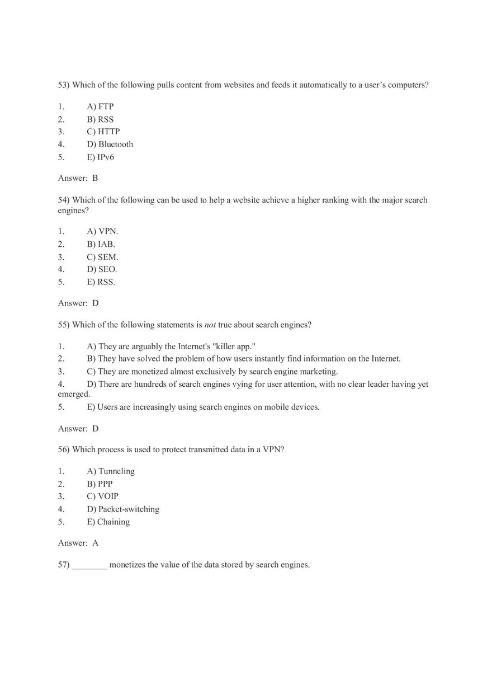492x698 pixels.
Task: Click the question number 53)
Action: click(x=64, y=85)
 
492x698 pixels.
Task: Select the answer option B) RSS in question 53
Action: click(x=100, y=119)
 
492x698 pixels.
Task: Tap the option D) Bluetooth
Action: click(x=110, y=144)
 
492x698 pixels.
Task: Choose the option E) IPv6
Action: click(x=101, y=157)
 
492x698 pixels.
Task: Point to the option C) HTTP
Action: click(x=103, y=132)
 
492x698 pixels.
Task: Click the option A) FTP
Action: click(x=100, y=106)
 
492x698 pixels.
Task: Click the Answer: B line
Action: click(x=78, y=178)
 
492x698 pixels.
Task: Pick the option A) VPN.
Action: click(x=102, y=231)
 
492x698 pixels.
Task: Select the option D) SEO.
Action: click(x=102, y=269)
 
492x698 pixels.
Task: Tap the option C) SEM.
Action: click(x=102, y=257)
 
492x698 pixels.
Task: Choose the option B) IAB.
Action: click(x=101, y=244)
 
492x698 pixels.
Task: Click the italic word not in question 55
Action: click(x=210, y=325)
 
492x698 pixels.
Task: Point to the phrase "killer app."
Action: click(x=234, y=346)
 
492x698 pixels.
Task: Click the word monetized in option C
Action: click(x=149, y=372)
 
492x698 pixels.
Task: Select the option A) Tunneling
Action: click(x=111, y=471)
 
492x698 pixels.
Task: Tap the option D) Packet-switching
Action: click(x=123, y=509)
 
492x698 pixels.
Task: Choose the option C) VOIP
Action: click(x=103, y=496)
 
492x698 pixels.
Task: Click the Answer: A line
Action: click(x=78, y=543)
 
